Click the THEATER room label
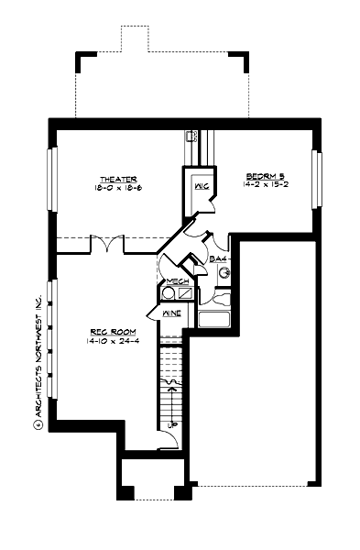[x=119, y=178]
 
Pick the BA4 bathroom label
[x=218, y=260]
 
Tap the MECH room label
[x=178, y=281]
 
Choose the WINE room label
[x=172, y=314]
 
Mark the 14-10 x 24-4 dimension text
[x=107, y=341]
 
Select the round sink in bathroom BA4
[x=222, y=272]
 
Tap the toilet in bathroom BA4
[x=220, y=295]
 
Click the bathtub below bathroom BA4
[x=213, y=320]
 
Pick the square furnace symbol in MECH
[x=185, y=294]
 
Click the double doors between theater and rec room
[x=106, y=245]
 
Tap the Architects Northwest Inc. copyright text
[x=39, y=361]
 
